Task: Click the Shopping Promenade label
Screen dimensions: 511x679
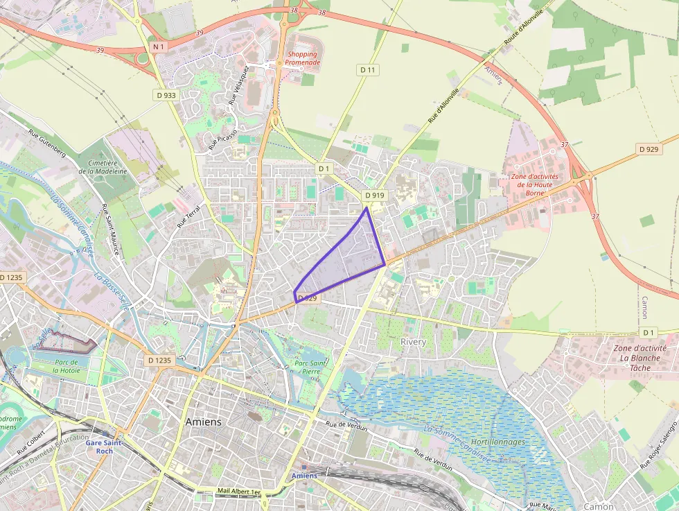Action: (303, 58)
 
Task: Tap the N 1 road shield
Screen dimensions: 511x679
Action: (159, 46)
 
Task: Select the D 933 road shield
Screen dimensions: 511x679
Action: (165, 95)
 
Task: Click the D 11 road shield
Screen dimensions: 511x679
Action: (367, 69)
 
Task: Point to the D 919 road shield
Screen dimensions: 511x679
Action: (374, 196)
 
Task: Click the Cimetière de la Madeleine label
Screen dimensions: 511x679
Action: (103, 166)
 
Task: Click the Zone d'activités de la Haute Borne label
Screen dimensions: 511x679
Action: (533, 185)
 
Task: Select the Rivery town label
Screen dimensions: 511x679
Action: (413, 342)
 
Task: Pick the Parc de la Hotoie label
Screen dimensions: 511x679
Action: (67, 367)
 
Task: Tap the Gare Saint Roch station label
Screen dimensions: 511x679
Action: (104, 447)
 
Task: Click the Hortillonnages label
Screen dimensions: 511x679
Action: (497, 442)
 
